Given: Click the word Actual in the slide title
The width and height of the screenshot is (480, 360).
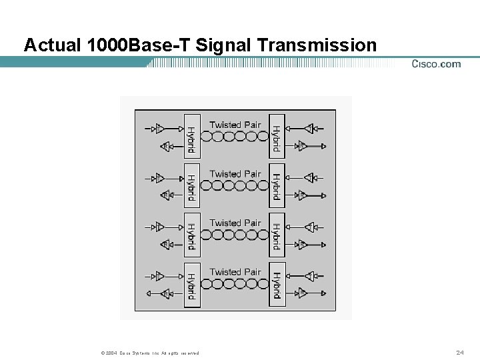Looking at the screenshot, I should coord(52,45).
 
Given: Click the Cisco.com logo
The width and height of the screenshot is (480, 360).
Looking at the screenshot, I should coord(436,64).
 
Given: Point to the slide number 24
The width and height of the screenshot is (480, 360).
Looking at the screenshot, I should coord(459,352).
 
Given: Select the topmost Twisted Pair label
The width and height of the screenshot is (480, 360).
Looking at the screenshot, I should coord(235,125).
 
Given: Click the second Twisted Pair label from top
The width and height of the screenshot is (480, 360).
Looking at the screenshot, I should coord(235,174).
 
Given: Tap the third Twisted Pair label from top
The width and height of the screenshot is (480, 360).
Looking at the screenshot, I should coord(235,223).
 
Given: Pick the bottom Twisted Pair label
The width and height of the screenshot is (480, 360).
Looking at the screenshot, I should coord(235,272).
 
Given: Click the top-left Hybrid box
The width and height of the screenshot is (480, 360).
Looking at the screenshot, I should coord(192,136).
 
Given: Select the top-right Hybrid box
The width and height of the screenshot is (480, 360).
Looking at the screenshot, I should coord(277,136).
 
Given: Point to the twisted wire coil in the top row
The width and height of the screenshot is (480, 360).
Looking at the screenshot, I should coord(234,137).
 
